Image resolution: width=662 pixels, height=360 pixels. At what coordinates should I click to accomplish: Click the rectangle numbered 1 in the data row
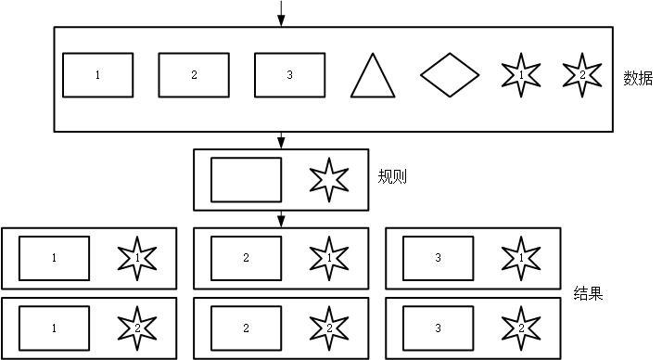pyautogui.click(x=97, y=75)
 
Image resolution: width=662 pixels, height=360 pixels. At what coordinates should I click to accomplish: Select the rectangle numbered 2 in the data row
pyautogui.click(x=194, y=75)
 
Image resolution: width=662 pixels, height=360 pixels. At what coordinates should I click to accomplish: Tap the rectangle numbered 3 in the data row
pyautogui.click(x=290, y=75)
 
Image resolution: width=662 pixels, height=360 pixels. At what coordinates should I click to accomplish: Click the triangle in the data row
pyautogui.click(x=372, y=78)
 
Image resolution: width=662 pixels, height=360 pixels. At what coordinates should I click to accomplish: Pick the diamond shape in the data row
pyautogui.click(x=450, y=75)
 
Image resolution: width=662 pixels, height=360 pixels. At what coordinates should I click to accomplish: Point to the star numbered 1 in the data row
pyautogui.click(x=521, y=74)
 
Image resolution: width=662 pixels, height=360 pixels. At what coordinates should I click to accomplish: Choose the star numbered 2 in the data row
pyautogui.click(x=582, y=74)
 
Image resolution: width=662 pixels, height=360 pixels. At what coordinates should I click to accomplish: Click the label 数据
pyautogui.click(x=638, y=77)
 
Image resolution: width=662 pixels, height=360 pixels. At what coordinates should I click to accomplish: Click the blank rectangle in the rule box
pyautogui.click(x=246, y=180)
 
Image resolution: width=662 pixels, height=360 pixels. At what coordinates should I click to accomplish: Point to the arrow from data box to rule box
pyautogui.click(x=280, y=140)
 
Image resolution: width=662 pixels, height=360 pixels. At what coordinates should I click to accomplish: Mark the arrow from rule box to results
pyautogui.click(x=280, y=219)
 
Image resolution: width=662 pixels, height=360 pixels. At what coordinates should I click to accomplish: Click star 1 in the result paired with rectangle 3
pyautogui.click(x=521, y=257)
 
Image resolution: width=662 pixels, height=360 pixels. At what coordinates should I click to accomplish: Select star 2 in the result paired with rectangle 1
pyautogui.click(x=137, y=327)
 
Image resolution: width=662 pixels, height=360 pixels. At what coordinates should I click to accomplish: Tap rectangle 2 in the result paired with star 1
pyautogui.click(x=246, y=258)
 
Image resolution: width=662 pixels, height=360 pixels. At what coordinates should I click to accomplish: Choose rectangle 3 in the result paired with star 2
pyautogui.click(x=438, y=328)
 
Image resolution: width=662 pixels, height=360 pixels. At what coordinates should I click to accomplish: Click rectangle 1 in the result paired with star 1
pyautogui.click(x=54, y=258)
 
